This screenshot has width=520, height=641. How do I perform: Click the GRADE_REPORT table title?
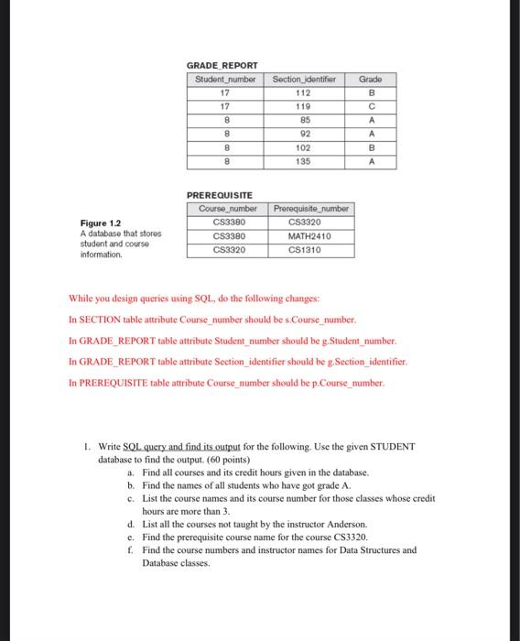(222, 65)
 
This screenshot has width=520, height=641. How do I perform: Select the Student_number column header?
(224, 80)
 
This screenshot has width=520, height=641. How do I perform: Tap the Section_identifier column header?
(305, 80)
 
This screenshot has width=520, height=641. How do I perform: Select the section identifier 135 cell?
(305, 161)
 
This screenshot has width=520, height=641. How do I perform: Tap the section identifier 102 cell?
(305, 147)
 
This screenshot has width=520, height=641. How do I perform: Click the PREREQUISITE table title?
(221, 196)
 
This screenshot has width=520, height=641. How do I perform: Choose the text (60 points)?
(224, 459)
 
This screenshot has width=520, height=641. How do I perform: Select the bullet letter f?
(130, 550)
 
